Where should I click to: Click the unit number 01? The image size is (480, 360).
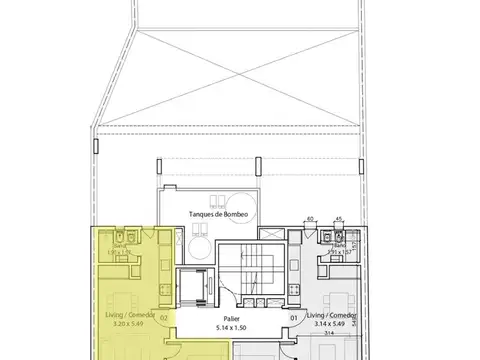click(295, 319)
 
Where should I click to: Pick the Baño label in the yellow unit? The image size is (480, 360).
click(120, 245)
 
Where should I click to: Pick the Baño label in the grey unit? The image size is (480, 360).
click(341, 245)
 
